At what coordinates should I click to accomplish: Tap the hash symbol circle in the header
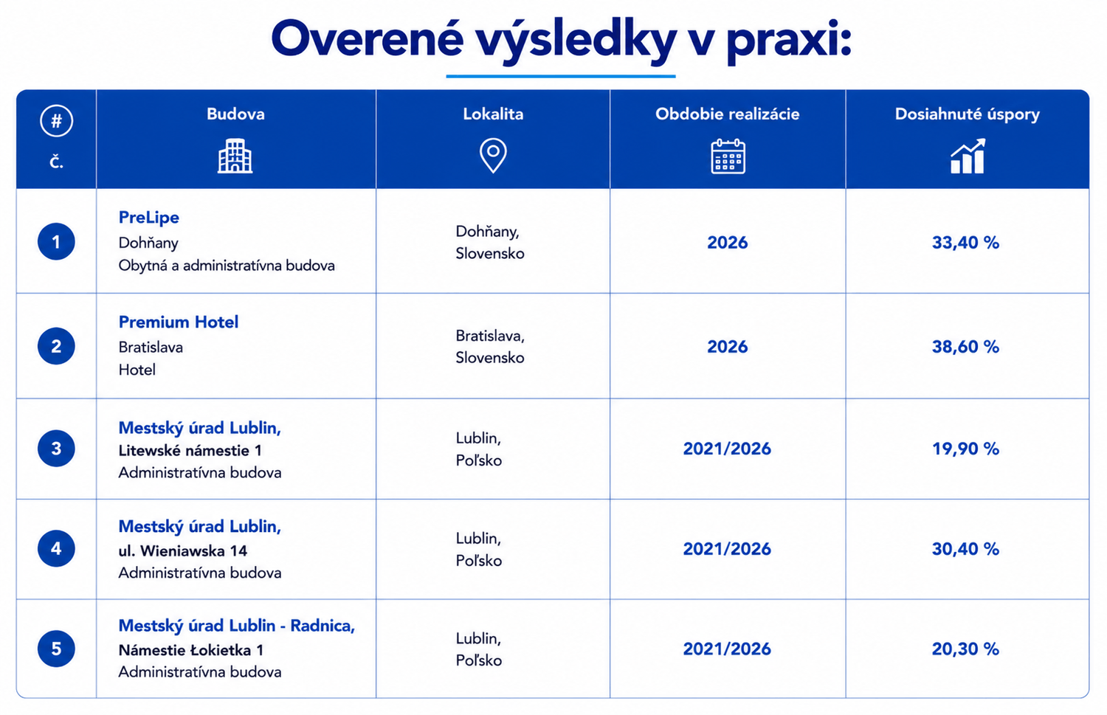(56, 120)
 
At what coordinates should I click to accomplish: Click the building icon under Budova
(235, 156)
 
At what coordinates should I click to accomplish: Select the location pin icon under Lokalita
(493, 156)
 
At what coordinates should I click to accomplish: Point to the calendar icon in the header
(728, 156)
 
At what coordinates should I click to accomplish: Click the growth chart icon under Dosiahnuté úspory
(968, 156)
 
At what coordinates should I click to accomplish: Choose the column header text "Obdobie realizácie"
(728, 114)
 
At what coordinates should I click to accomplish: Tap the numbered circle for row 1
(56, 241)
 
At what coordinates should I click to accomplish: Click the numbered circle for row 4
(56, 548)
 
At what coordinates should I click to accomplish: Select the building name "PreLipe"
(149, 218)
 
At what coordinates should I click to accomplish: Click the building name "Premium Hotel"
(179, 322)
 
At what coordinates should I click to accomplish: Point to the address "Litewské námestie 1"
(190, 451)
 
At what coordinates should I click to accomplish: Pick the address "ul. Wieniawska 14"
(183, 550)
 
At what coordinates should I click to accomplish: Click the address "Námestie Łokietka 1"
(190, 650)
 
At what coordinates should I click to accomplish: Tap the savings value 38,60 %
(965, 347)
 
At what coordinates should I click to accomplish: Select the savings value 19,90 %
(965, 449)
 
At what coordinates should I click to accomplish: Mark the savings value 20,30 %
(965, 649)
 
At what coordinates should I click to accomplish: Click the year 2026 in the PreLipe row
(728, 243)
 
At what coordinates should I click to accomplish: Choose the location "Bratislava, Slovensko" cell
(490, 347)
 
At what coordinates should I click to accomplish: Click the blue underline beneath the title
(560, 76)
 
